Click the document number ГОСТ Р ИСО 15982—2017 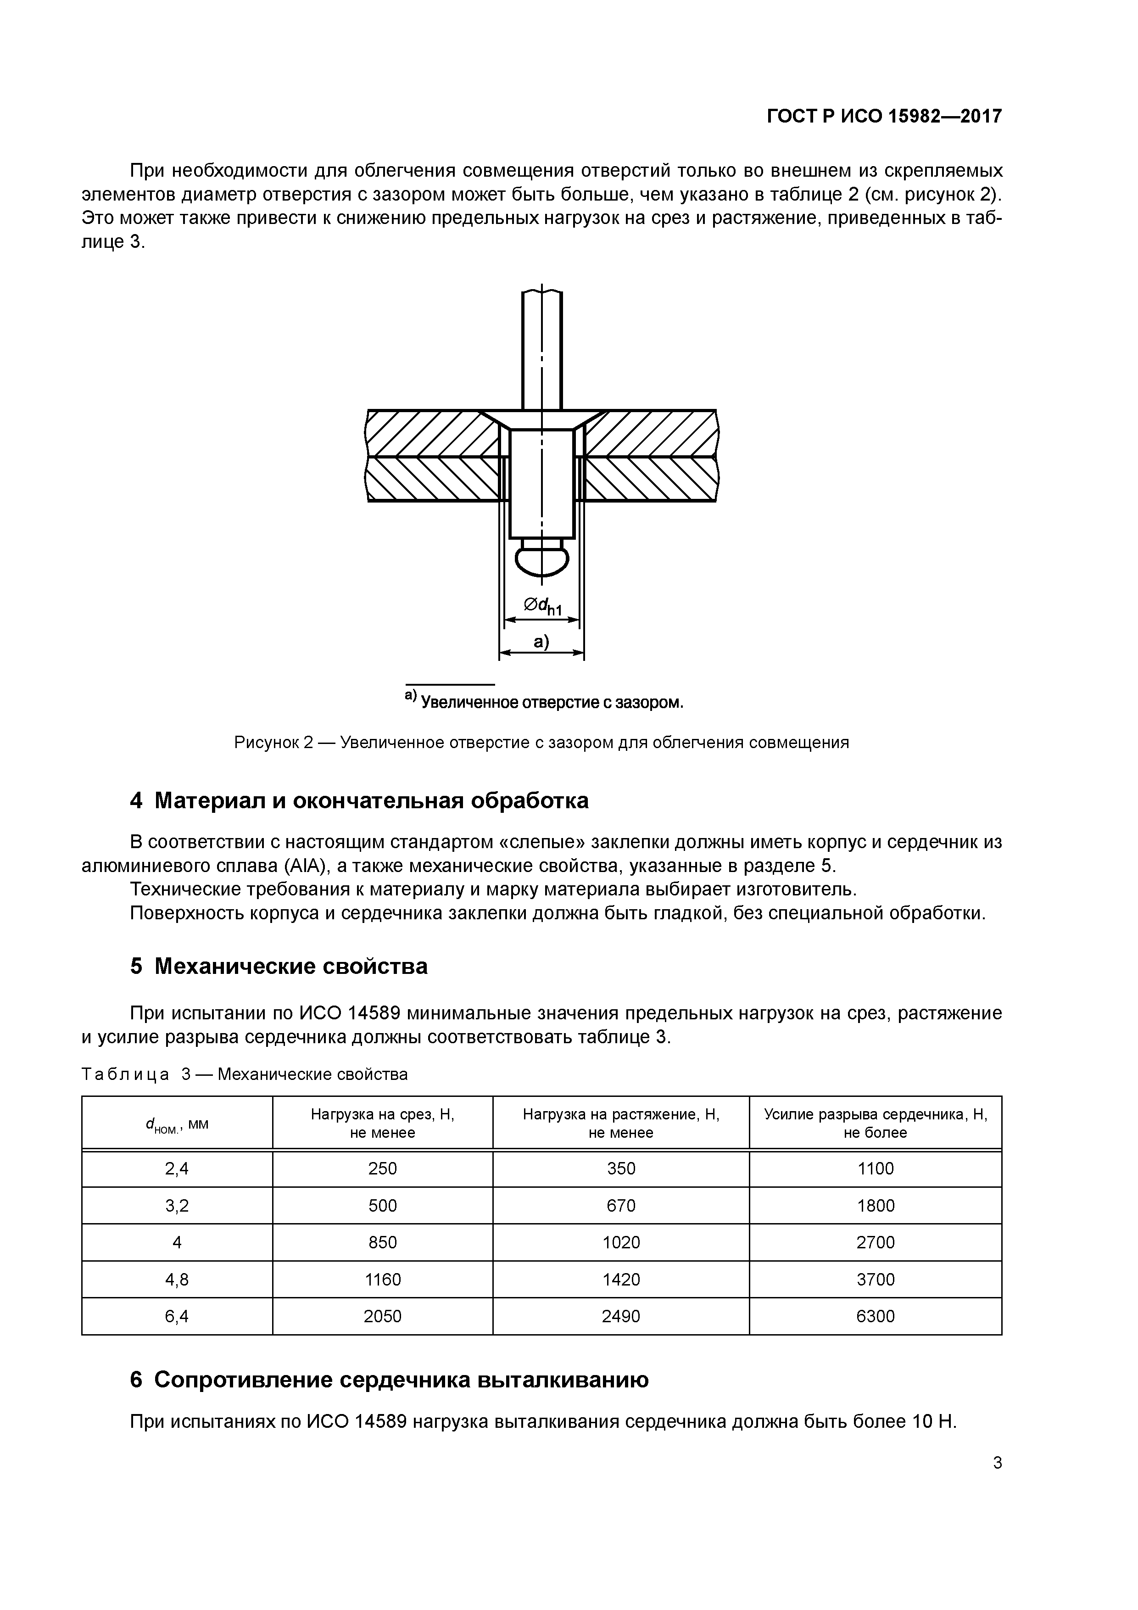[x=884, y=117]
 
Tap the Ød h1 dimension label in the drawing [x=542, y=606]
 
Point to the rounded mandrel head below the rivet [x=541, y=559]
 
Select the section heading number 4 [x=136, y=801]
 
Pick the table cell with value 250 [x=382, y=1168]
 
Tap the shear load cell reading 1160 [x=382, y=1280]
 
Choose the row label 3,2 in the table [x=177, y=1205]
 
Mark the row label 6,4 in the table [x=177, y=1316]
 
